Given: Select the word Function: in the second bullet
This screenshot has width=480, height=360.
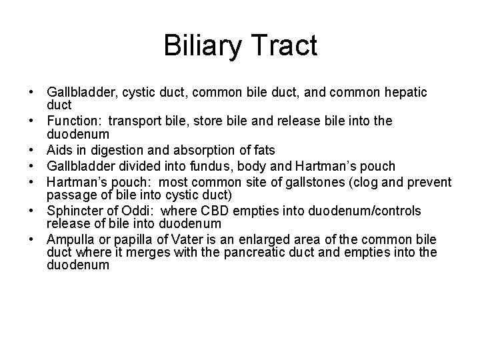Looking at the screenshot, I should pyautogui.click(x=73, y=121).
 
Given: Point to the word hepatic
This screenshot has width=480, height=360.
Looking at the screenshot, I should pyautogui.click(x=403, y=92).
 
